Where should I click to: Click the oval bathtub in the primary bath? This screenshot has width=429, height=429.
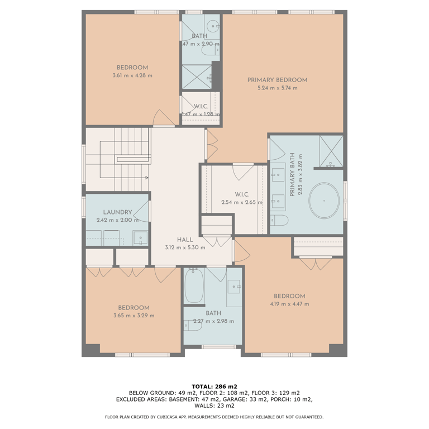click(x=324, y=201)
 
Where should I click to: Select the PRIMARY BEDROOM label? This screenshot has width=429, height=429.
click(x=277, y=80)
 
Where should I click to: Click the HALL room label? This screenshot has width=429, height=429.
click(x=185, y=240)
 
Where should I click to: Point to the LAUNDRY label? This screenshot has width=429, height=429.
click(x=118, y=212)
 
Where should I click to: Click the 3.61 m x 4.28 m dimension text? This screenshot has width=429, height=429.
click(x=132, y=75)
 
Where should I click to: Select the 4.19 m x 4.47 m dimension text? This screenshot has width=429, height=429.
click(x=289, y=304)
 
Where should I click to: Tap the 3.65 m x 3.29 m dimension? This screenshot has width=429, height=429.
click(x=134, y=316)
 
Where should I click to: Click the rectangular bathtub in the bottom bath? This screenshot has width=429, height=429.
click(x=194, y=285)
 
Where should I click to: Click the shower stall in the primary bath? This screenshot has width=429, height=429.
click(x=331, y=151)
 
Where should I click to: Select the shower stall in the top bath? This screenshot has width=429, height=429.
click(x=197, y=77)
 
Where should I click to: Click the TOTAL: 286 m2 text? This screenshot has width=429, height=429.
click(x=214, y=387)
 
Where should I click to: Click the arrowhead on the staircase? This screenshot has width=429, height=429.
click(x=147, y=178)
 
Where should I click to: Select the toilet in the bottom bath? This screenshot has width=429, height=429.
click(x=193, y=326)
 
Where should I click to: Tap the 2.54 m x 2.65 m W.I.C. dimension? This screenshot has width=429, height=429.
click(x=242, y=202)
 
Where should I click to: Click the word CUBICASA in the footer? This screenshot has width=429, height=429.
click(x=168, y=417)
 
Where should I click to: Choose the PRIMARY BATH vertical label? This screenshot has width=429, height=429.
click(x=292, y=174)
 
